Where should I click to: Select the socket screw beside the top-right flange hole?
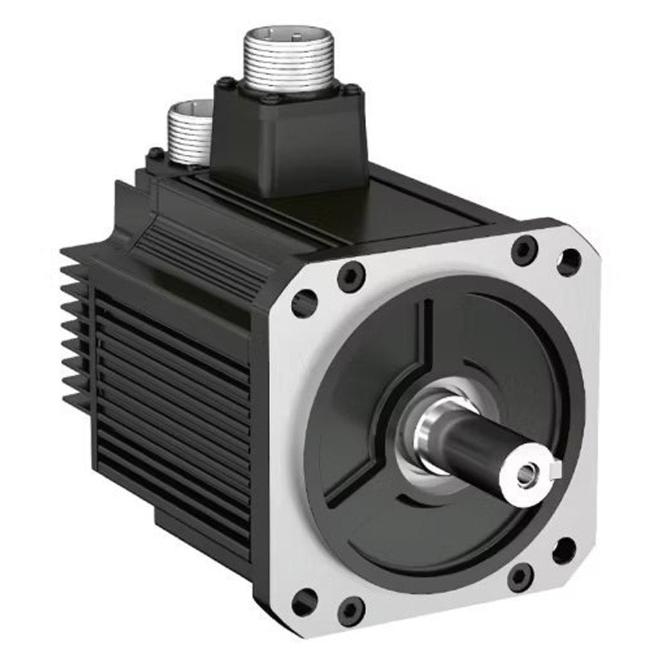pos(524,251)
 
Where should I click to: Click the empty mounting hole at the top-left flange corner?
pos(305,303)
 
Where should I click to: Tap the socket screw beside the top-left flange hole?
pos(350,275)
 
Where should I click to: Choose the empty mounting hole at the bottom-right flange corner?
pos(564,551)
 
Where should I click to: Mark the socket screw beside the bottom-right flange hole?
pos(520,577)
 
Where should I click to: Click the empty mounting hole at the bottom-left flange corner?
pos(304,602)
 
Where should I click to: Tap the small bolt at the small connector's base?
pos(156,154)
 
